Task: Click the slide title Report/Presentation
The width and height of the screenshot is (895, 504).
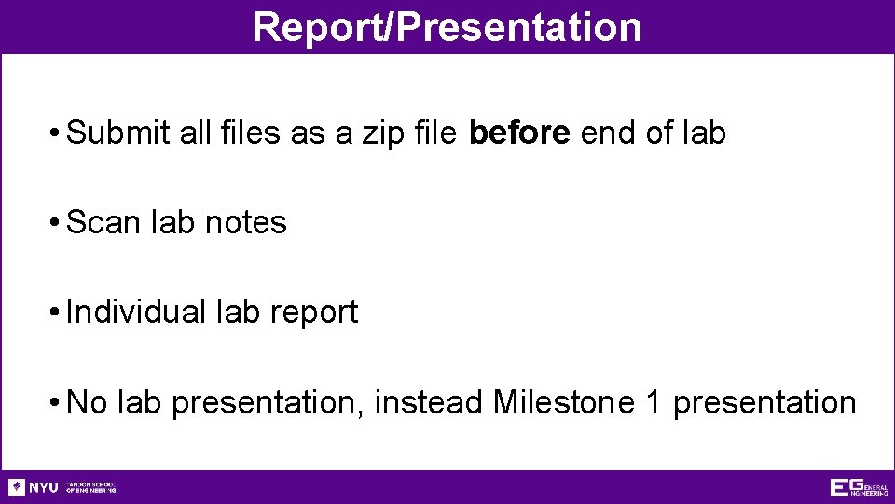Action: coord(447,27)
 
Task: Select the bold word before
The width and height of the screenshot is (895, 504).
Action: coord(519,133)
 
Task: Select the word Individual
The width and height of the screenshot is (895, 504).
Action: coord(136,312)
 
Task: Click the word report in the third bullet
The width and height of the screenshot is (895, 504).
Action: coord(314,312)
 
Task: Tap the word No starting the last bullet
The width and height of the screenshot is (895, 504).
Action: coord(89,402)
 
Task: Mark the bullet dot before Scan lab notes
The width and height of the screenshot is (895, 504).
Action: coord(58,223)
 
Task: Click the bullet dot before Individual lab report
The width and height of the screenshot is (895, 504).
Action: coord(58,312)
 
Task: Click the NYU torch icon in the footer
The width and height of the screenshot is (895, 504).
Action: coord(17,487)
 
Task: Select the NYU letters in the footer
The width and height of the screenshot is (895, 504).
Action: coord(44,487)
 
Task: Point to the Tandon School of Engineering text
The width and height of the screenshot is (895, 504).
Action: coord(90,487)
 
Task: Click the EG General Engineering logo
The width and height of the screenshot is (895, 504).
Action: coord(858,487)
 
